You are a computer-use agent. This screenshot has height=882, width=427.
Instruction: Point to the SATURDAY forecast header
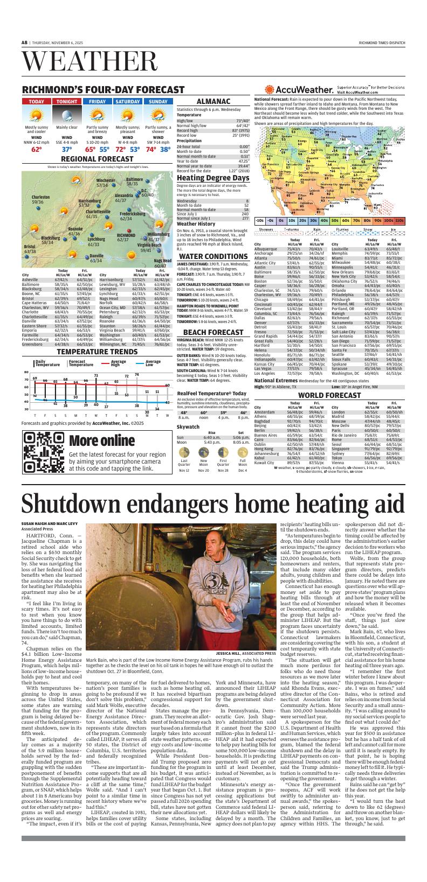[x=127, y=101]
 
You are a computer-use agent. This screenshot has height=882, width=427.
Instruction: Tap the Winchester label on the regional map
[x=106, y=180]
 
